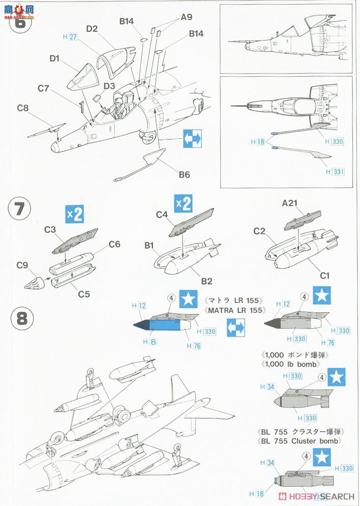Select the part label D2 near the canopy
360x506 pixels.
[x=92, y=28]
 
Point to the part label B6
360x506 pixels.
[x=184, y=174]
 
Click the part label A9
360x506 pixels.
[x=186, y=17]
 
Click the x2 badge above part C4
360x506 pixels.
[x=184, y=204]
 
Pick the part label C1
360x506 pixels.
[x=324, y=276]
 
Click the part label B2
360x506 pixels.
[x=206, y=281]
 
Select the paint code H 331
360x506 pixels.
[x=336, y=172]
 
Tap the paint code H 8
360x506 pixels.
[x=151, y=341]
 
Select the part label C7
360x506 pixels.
[x=43, y=88]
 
